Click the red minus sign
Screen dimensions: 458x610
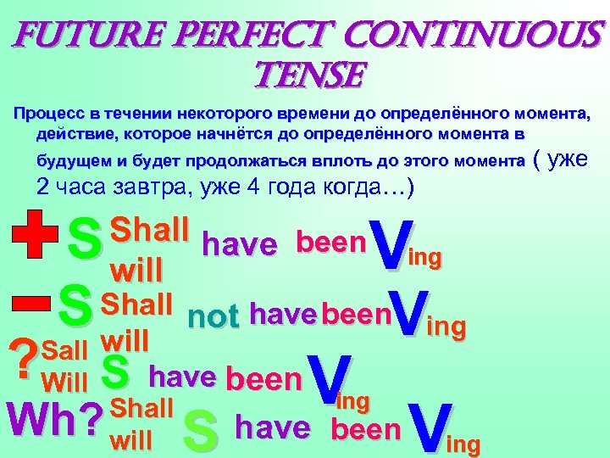(30, 303)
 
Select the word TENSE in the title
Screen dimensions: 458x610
(304, 77)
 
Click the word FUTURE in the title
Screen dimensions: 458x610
(76, 36)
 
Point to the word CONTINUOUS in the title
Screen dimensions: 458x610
(480, 36)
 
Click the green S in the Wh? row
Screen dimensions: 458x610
(201, 432)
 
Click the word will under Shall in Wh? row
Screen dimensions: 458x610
(132, 441)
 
